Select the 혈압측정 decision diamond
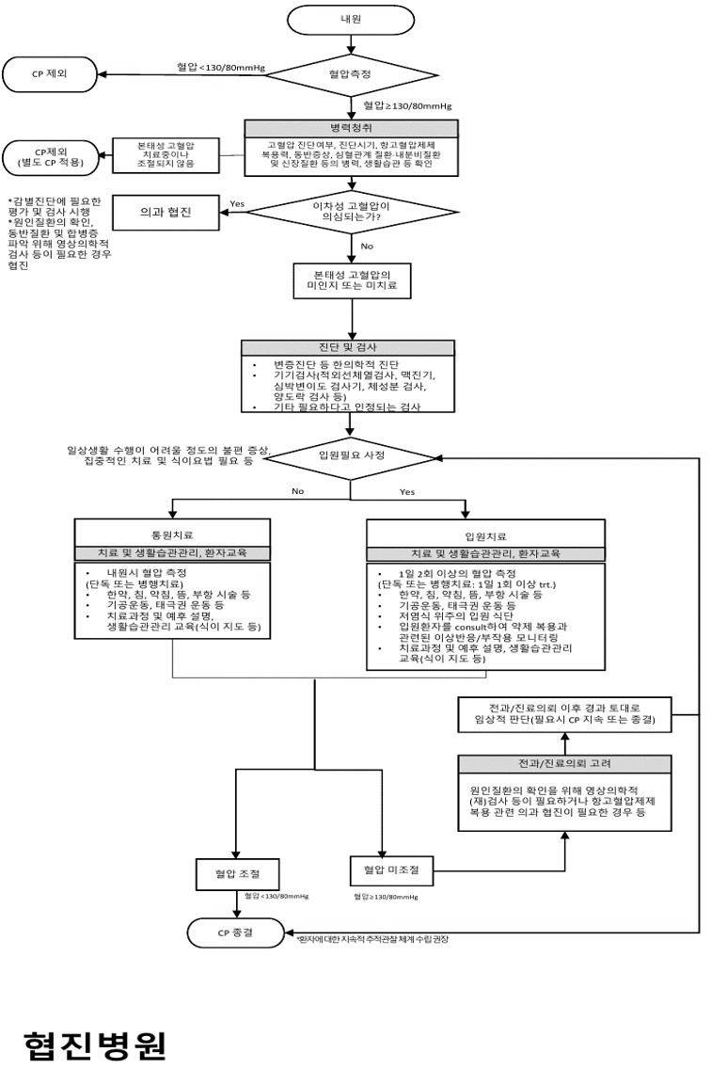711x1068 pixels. click(x=350, y=73)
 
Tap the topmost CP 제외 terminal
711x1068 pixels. click(x=52, y=73)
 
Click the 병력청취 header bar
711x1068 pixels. click(x=351, y=128)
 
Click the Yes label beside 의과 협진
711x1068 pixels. click(x=239, y=203)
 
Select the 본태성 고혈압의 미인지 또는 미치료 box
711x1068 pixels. click(x=350, y=280)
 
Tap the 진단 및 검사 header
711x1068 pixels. click(x=350, y=347)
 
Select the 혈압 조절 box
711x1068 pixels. click(x=236, y=874)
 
